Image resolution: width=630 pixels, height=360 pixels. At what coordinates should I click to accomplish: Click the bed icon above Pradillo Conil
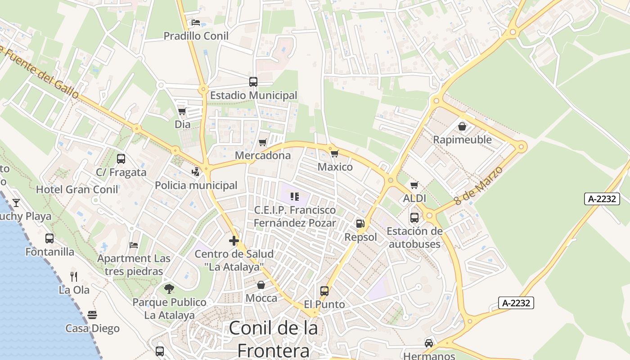(x=195, y=22)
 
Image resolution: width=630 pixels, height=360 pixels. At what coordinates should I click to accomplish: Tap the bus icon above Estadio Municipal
(x=253, y=82)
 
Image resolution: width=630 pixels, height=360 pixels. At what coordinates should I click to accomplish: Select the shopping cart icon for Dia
(x=182, y=111)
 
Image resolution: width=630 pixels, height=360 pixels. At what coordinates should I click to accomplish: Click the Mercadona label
(x=263, y=156)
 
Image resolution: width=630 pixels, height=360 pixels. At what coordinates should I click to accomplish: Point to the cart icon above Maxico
(x=334, y=154)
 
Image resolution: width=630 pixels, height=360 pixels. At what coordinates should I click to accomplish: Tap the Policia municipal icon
(x=195, y=171)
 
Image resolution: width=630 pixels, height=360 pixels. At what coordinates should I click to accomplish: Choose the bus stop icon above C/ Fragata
(x=121, y=158)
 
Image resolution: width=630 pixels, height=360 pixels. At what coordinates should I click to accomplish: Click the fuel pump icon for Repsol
(x=360, y=223)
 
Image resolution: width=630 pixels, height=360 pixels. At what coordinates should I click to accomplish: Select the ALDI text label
(x=414, y=198)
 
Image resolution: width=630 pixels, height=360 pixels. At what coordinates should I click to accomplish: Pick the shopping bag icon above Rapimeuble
(x=462, y=126)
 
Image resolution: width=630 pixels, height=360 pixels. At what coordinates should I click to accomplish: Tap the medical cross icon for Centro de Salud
(x=234, y=241)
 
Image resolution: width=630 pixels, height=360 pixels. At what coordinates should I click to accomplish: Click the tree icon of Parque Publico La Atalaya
(x=169, y=288)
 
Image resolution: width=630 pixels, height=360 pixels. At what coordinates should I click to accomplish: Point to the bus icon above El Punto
(x=324, y=291)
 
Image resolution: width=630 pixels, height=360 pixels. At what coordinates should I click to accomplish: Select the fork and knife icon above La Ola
(x=74, y=276)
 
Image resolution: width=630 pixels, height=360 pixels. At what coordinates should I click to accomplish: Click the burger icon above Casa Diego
(x=92, y=315)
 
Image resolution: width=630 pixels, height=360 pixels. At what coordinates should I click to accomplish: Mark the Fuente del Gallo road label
(x=40, y=72)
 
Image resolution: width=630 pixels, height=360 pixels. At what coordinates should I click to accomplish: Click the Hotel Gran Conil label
(x=77, y=189)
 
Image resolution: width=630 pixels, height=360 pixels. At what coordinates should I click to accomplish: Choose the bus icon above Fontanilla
(x=49, y=238)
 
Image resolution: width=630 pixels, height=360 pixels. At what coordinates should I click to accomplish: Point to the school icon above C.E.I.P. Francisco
(x=295, y=196)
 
